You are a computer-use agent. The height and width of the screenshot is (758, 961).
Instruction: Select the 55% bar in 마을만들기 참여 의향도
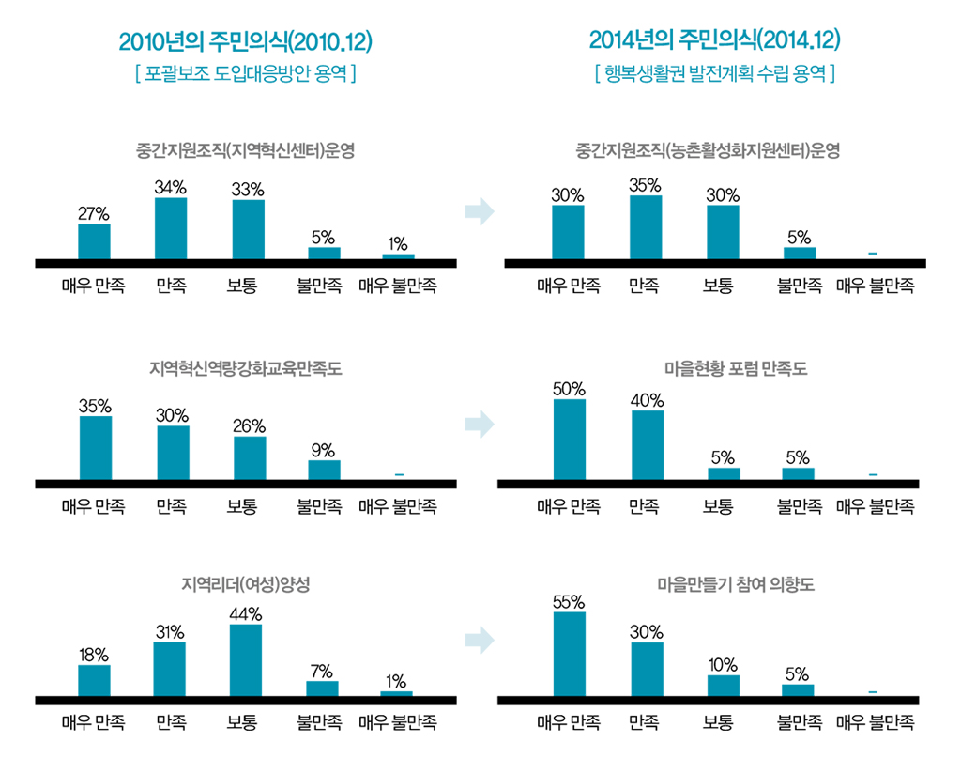[x=569, y=654]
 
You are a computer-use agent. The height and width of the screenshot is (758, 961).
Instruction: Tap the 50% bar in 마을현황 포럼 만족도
[x=569, y=440]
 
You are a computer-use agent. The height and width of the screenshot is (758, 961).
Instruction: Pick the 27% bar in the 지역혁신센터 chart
[x=94, y=241]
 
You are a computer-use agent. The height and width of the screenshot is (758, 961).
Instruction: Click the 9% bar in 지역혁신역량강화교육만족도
[x=324, y=470]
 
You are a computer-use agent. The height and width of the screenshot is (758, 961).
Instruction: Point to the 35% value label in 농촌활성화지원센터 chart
[x=646, y=184]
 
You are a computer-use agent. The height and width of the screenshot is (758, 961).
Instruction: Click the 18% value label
[x=94, y=655]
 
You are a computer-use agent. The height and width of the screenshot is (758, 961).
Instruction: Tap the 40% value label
[x=648, y=400]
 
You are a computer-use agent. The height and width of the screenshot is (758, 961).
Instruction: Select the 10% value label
[x=723, y=665]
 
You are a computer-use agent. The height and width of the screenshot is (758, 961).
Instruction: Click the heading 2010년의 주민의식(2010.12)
[x=246, y=41]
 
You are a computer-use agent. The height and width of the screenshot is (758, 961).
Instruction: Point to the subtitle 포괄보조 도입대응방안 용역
[x=245, y=73]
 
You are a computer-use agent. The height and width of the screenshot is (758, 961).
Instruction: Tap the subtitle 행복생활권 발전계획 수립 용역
[x=714, y=72]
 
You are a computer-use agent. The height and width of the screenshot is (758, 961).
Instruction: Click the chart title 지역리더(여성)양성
[x=245, y=584]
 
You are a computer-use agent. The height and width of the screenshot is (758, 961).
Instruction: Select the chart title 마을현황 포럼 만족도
[x=714, y=369]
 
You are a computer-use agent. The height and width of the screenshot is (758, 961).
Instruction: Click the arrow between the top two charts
[x=479, y=211]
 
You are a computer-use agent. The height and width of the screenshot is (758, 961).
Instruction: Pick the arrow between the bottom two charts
[x=479, y=642]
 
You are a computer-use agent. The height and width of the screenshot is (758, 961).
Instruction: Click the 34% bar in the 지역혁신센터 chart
[x=171, y=228]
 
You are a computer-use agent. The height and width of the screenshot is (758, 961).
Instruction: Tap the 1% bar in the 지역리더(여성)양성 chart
[x=396, y=693]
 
